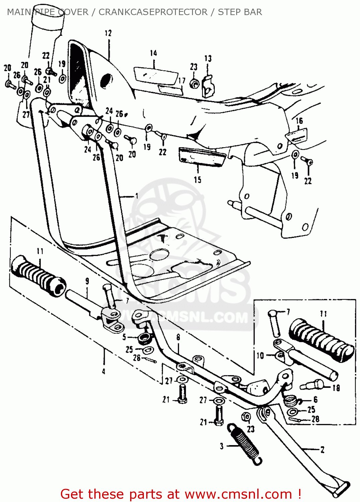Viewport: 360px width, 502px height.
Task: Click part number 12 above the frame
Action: pyautogui.click(x=108, y=33)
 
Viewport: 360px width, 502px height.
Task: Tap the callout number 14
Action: pyautogui.click(x=154, y=53)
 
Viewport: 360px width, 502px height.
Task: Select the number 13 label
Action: pyautogui.click(x=208, y=59)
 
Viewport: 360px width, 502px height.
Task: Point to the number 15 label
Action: pyautogui.click(x=197, y=180)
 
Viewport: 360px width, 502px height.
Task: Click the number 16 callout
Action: pyautogui.click(x=299, y=121)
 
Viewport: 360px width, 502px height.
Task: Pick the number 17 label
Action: pyautogui.click(x=182, y=81)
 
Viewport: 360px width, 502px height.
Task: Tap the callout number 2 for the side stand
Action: pyautogui.click(x=322, y=449)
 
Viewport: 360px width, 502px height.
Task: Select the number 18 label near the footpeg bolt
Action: pyautogui.click(x=336, y=388)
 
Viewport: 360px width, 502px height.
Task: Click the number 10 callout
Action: pyautogui.click(x=260, y=355)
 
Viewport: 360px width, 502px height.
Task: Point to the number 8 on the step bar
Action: pyautogui.click(x=178, y=337)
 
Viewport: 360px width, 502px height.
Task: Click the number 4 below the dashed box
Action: pyautogui.click(x=103, y=371)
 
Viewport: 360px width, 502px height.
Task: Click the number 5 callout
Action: pyautogui.click(x=124, y=337)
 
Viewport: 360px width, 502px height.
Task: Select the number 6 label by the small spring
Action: pyautogui.click(x=315, y=400)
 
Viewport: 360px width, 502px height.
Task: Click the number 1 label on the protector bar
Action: pyautogui.click(x=137, y=196)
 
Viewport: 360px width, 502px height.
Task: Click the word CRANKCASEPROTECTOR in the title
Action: pyautogui.click(x=153, y=12)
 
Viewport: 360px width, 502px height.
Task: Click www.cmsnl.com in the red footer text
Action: pyautogui.click(x=238, y=494)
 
